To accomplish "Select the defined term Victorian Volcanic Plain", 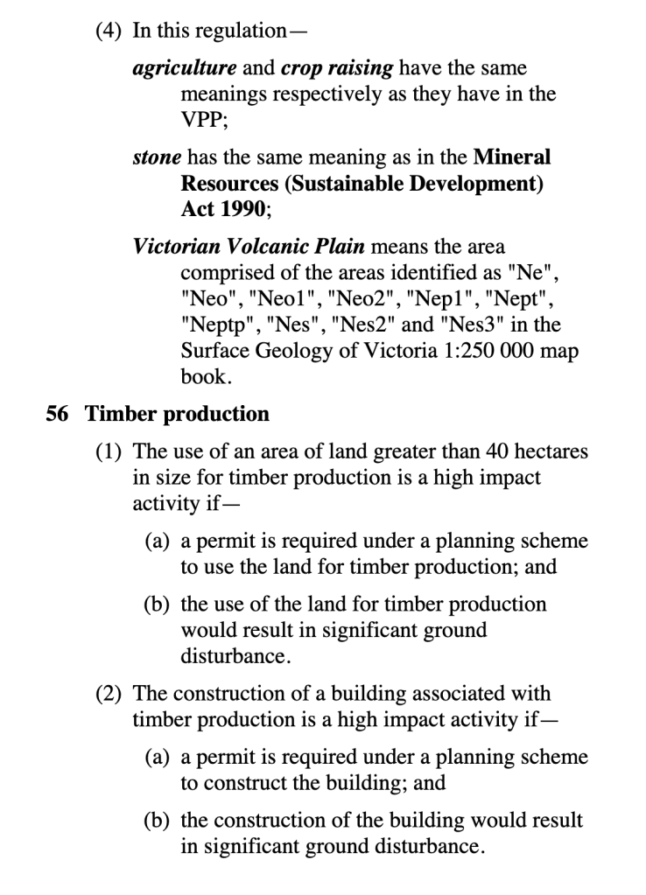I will (x=249, y=248).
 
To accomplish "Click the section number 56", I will (x=57, y=413).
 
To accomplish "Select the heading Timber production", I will (x=177, y=413).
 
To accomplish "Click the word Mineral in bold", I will (x=512, y=158).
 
